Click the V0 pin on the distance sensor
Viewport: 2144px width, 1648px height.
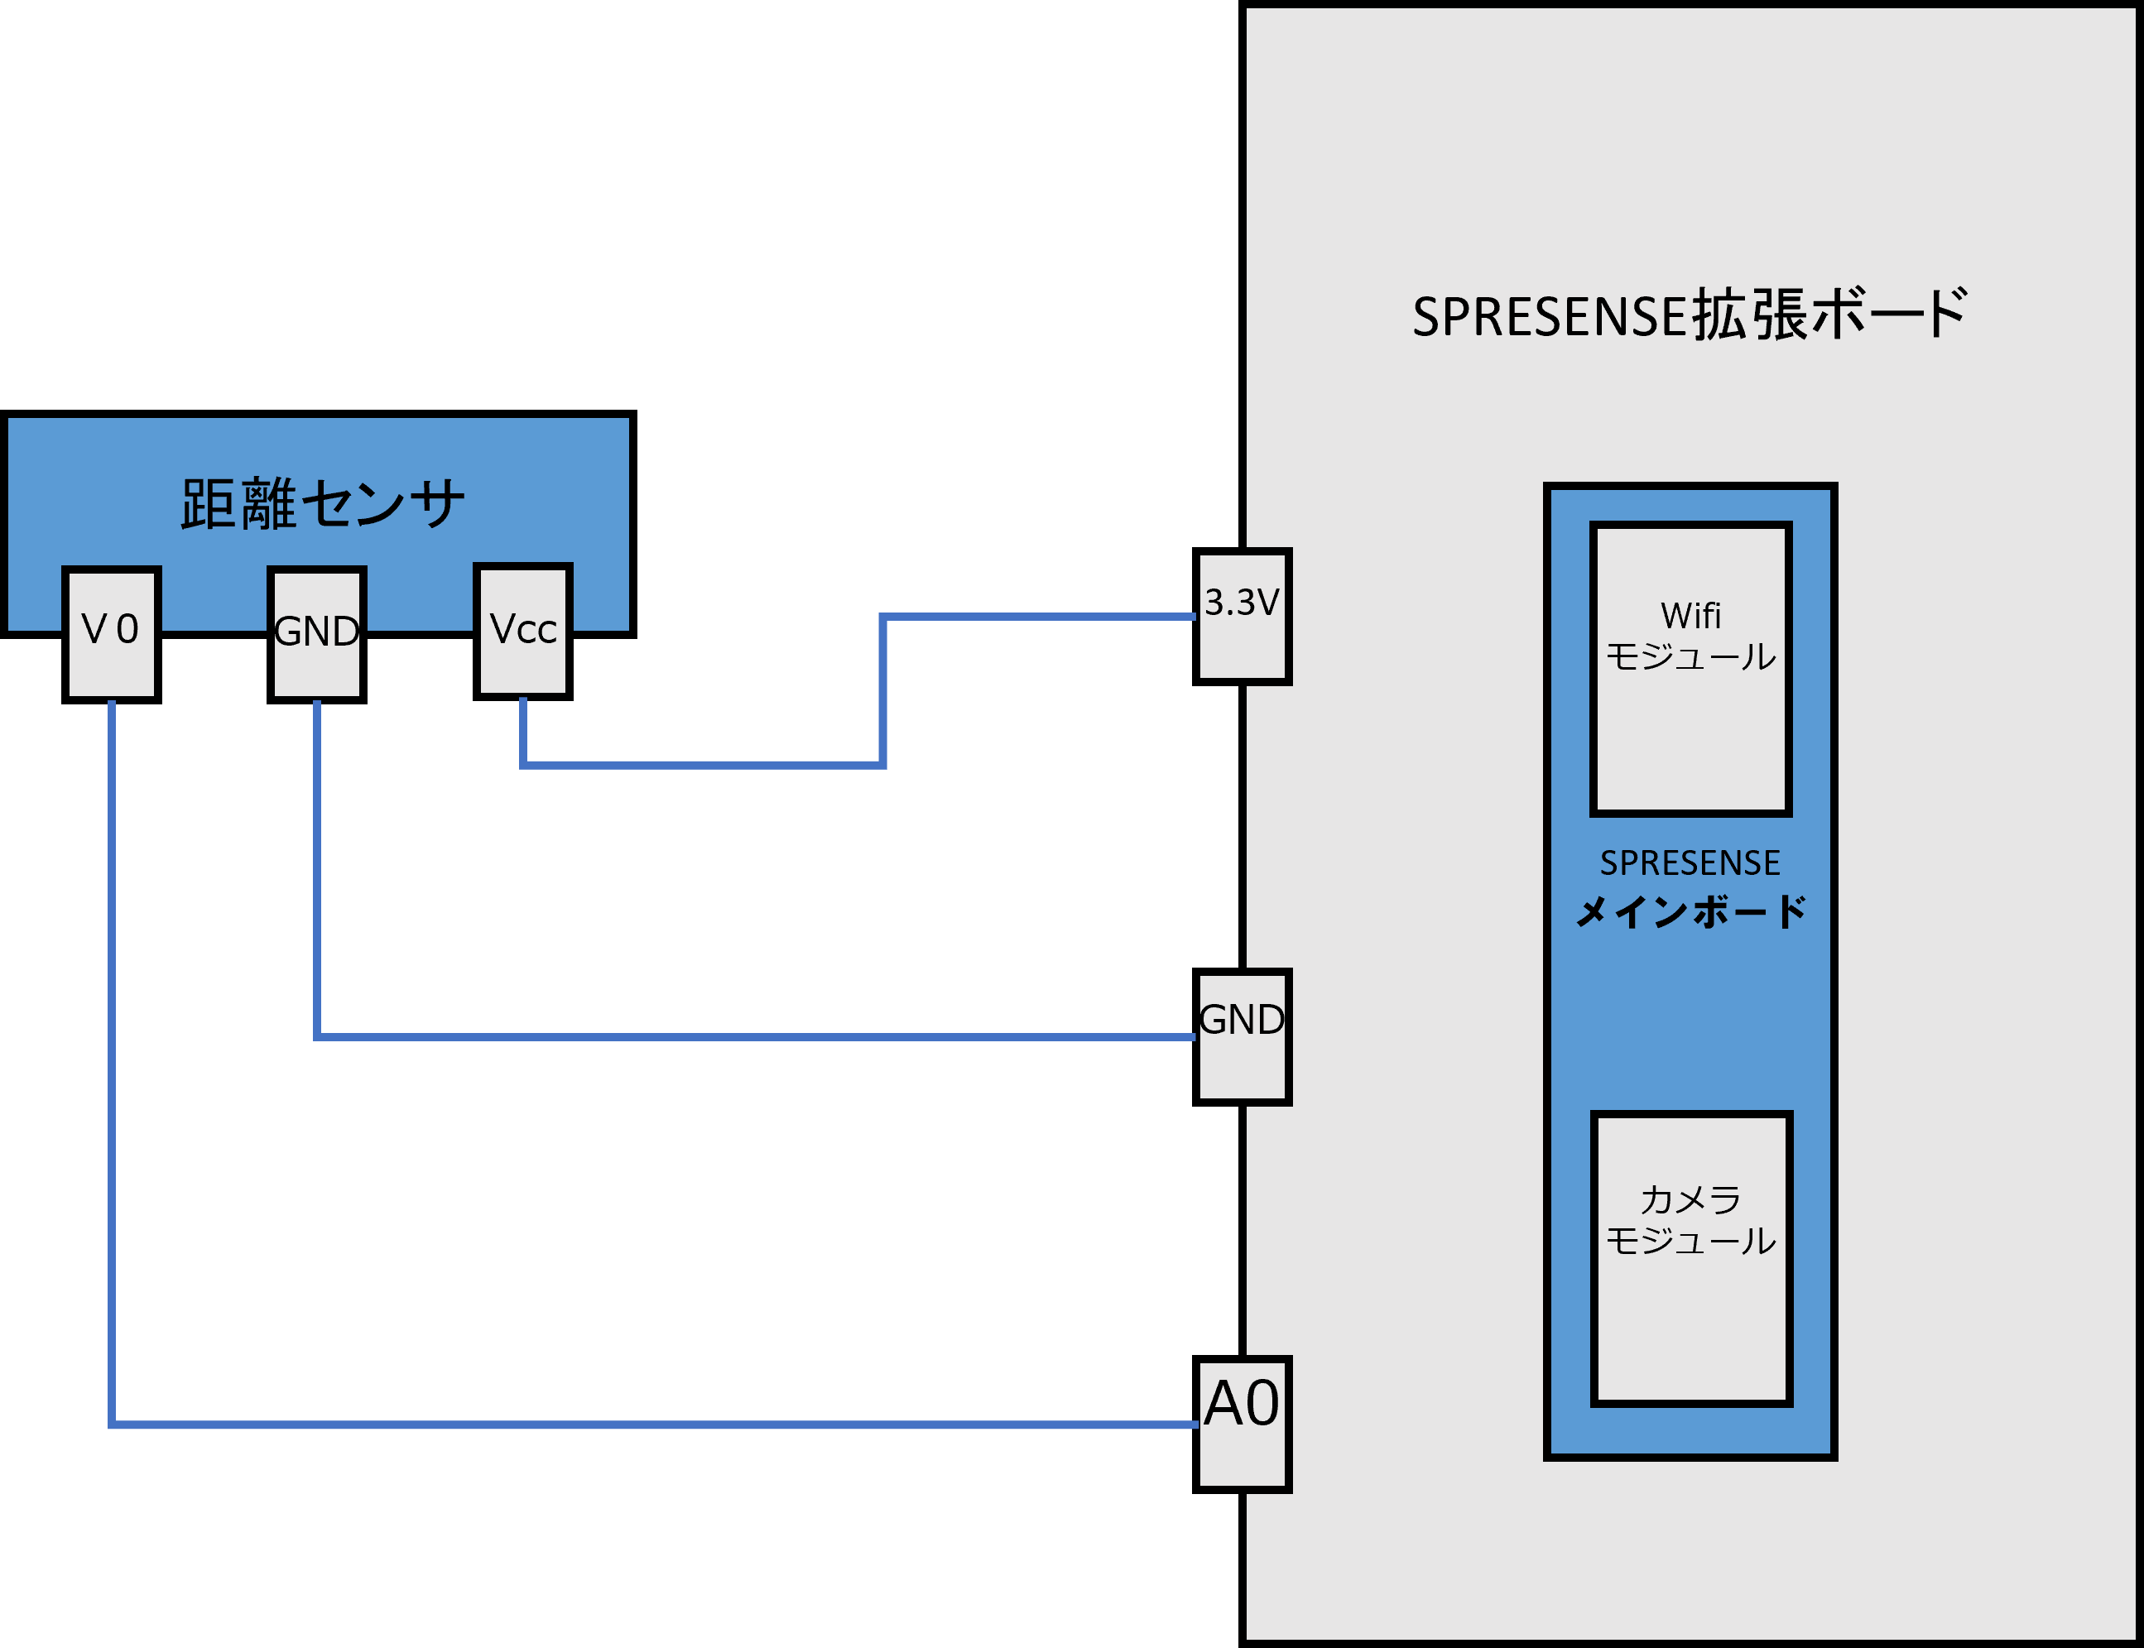111,632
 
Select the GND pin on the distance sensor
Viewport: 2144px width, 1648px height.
317,632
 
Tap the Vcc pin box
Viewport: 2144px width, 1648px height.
523,630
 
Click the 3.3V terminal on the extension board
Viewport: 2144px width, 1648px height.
1243,616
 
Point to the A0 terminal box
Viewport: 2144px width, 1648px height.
1243,1424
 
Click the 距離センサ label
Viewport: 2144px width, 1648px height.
323,504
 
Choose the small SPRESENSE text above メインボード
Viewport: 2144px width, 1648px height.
1690,863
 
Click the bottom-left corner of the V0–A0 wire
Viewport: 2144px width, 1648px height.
112,1425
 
